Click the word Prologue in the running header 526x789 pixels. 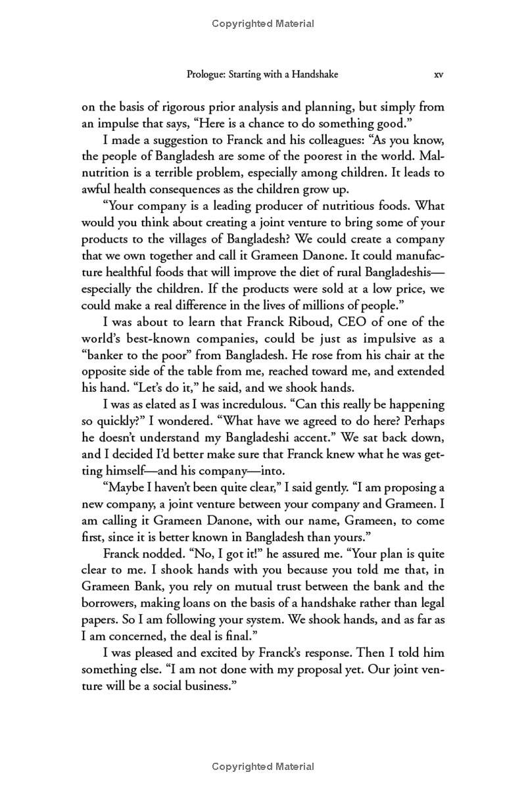point(206,75)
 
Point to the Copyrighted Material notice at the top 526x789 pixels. point(263,24)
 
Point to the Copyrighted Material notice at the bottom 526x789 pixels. point(263,767)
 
